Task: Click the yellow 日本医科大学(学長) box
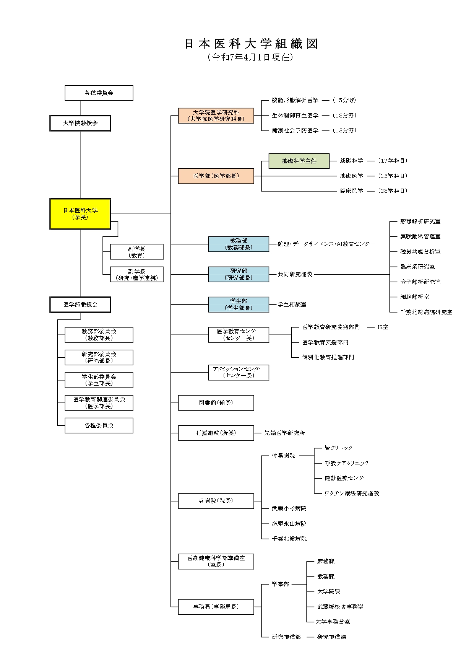pos(80,214)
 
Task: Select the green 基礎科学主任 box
pos(299,161)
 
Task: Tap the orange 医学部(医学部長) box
pos(216,176)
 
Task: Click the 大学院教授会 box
pos(80,123)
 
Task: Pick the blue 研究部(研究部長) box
pos(239,274)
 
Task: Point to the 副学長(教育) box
pos(136,252)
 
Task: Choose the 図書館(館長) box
pos(216,403)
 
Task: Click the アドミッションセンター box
pos(239,372)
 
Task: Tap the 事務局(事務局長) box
pos(216,607)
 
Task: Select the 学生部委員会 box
pos(99,380)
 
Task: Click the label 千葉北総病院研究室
pos(426,312)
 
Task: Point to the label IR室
pos(383,327)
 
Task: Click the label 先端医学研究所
pos(285,433)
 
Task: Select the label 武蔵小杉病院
pos(289,508)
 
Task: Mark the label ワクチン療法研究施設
pos(352,493)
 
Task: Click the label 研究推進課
pos(332,637)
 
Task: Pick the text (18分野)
pos(344,116)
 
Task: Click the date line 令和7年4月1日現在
pos(250,57)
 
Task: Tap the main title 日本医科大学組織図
pos(251,44)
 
